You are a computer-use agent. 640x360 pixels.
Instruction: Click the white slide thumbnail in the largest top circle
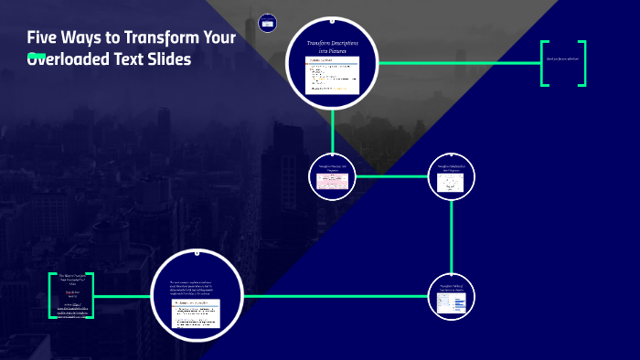pos(332,76)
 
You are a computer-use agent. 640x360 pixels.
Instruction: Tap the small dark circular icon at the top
pos(267,21)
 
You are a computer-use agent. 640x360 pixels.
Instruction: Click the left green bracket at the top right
pos(545,63)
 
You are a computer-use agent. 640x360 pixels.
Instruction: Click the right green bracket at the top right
pos(581,63)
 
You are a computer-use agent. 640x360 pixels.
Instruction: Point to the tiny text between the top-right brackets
pos(562,59)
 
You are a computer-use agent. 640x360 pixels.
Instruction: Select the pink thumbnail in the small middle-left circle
pos(332,180)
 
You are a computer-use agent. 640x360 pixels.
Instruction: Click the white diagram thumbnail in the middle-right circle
pos(453,184)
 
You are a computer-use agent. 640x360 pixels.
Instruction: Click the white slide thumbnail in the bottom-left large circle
pos(196,313)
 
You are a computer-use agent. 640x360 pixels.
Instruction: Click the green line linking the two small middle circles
pos(391,175)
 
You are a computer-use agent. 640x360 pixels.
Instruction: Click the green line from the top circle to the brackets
pos(457,63)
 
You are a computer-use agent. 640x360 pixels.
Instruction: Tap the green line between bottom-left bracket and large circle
pos(123,296)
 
